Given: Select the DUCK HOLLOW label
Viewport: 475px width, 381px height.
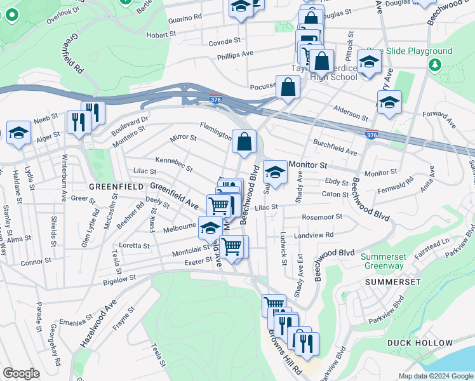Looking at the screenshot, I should tap(413, 343).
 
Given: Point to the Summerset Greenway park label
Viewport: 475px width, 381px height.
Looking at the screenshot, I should tap(385, 262).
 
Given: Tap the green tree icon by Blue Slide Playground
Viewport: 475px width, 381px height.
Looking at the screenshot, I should tap(435, 64).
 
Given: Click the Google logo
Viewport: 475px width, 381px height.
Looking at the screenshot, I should tap(22, 373).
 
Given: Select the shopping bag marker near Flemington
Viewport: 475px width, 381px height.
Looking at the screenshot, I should tap(244, 142).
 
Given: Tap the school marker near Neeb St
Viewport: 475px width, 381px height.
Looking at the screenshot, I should tap(19, 133).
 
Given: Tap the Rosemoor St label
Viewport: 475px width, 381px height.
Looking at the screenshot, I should tap(322, 217).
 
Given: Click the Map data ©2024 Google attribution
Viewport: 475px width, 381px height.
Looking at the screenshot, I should tap(435, 376).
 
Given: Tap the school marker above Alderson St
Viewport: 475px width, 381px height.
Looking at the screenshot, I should tap(389, 102).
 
